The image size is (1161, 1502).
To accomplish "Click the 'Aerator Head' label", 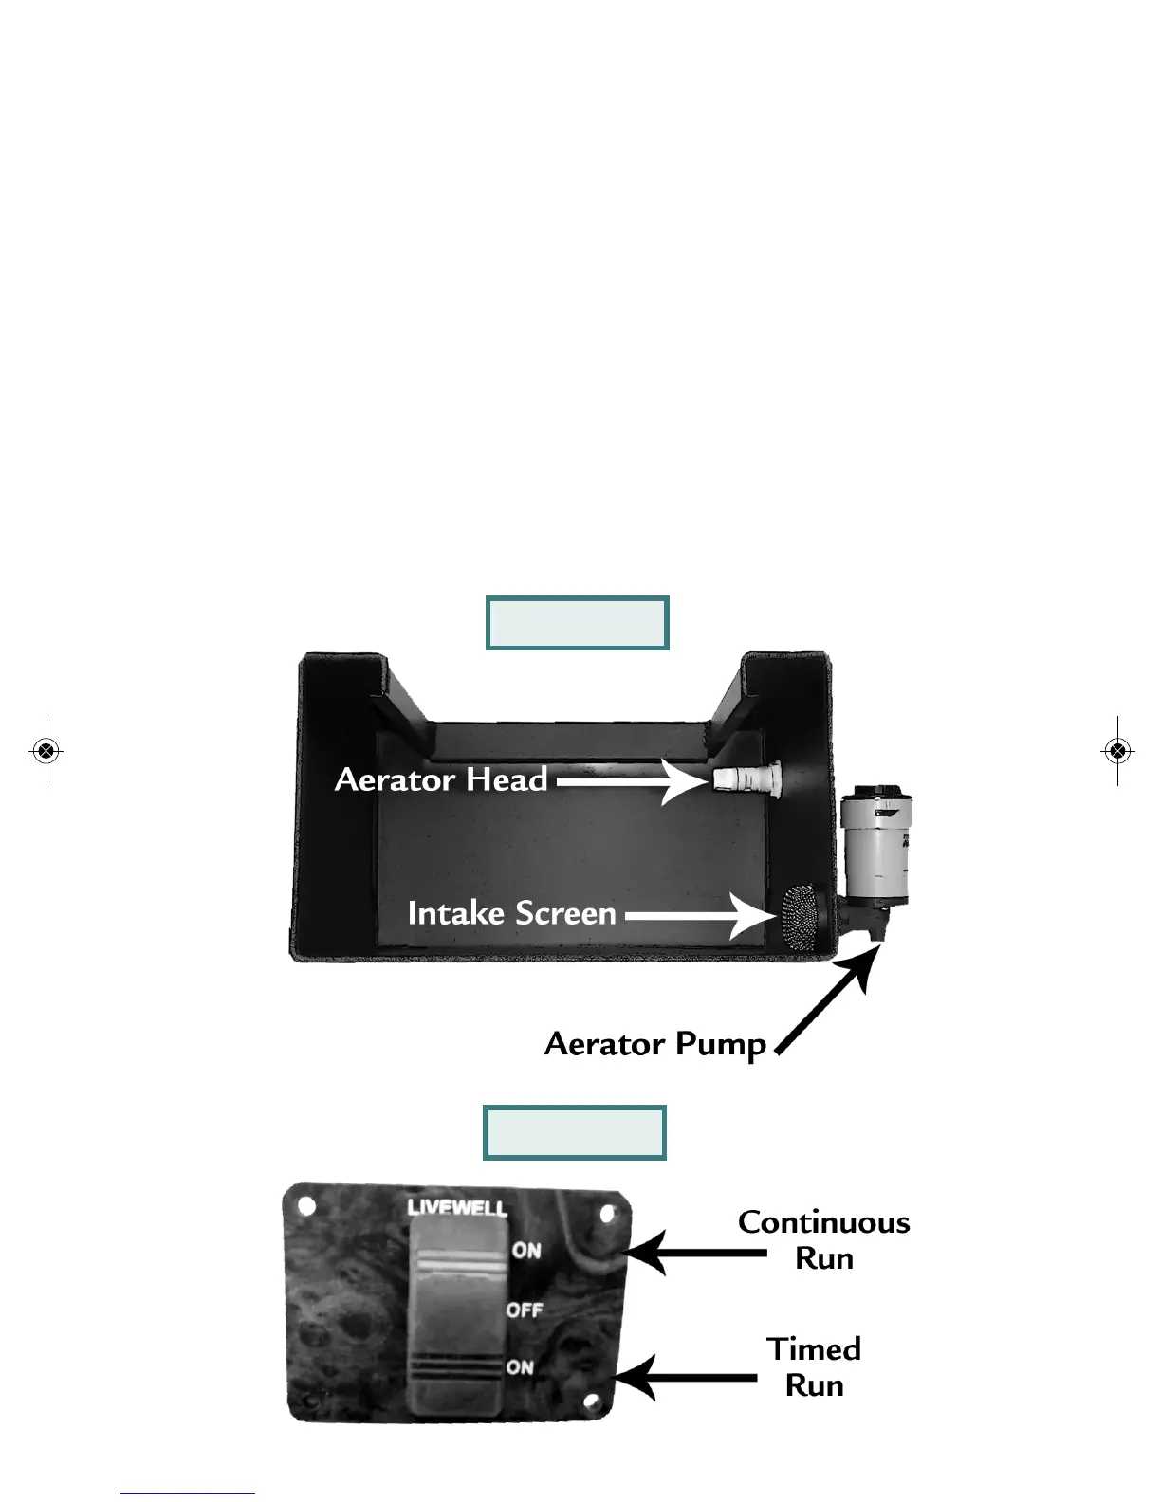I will (x=441, y=780).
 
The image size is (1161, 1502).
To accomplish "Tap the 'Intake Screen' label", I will (x=512, y=913).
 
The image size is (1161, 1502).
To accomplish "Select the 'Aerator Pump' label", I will (x=655, y=1044).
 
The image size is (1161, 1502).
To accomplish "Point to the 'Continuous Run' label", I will (x=823, y=1239).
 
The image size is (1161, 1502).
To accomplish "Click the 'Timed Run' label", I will (x=814, y=1366).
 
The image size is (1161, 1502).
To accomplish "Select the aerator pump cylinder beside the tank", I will (x=875, y=844).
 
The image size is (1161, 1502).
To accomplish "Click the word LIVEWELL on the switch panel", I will (x=457, y=1207).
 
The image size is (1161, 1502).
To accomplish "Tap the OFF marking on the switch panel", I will (x=525, y=1310).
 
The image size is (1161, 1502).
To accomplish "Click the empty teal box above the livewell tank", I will (x=577, y=623).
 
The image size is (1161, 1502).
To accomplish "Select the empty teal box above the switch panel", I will (x=574, y=1132).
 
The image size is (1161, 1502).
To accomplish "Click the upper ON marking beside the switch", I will (x=526, y=1251).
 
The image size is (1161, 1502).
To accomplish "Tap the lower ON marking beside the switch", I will (x=520, y=1366).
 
